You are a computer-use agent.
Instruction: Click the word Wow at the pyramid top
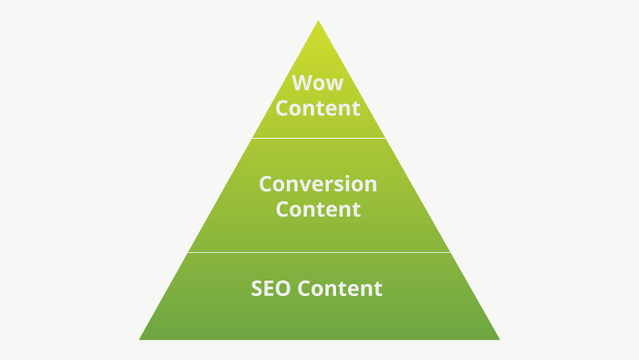point(318,83)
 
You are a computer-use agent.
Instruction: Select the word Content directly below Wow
point(318,108)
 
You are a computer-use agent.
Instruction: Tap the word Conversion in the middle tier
point(318,184)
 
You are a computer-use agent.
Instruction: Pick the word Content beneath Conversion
point(318,209)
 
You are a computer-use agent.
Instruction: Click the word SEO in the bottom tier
point(271,288)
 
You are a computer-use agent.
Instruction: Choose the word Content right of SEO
point(340,288)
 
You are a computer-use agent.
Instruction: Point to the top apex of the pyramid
point(318,21)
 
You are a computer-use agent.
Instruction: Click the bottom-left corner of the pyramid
point(139,339)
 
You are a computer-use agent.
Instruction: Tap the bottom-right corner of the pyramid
point(500,339)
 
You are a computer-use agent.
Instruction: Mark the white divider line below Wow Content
point(319,138)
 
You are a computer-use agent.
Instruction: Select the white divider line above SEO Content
point(319,252)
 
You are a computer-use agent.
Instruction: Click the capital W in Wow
point(301,83)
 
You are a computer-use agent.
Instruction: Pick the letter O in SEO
point(283,288)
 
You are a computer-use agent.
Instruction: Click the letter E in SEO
point(269,288)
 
